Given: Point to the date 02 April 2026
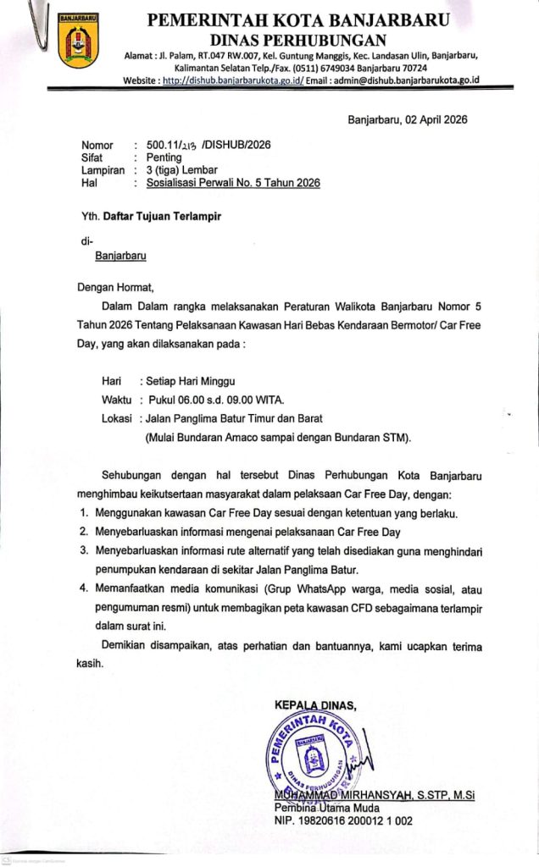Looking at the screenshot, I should [x=431, y=119].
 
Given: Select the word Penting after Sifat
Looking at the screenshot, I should [x=164, y=157].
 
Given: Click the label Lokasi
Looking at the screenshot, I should [x=116, y=418].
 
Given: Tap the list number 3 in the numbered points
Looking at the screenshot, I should [x=84, y=550].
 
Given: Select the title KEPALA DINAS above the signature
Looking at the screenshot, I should [x=316, y=704].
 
